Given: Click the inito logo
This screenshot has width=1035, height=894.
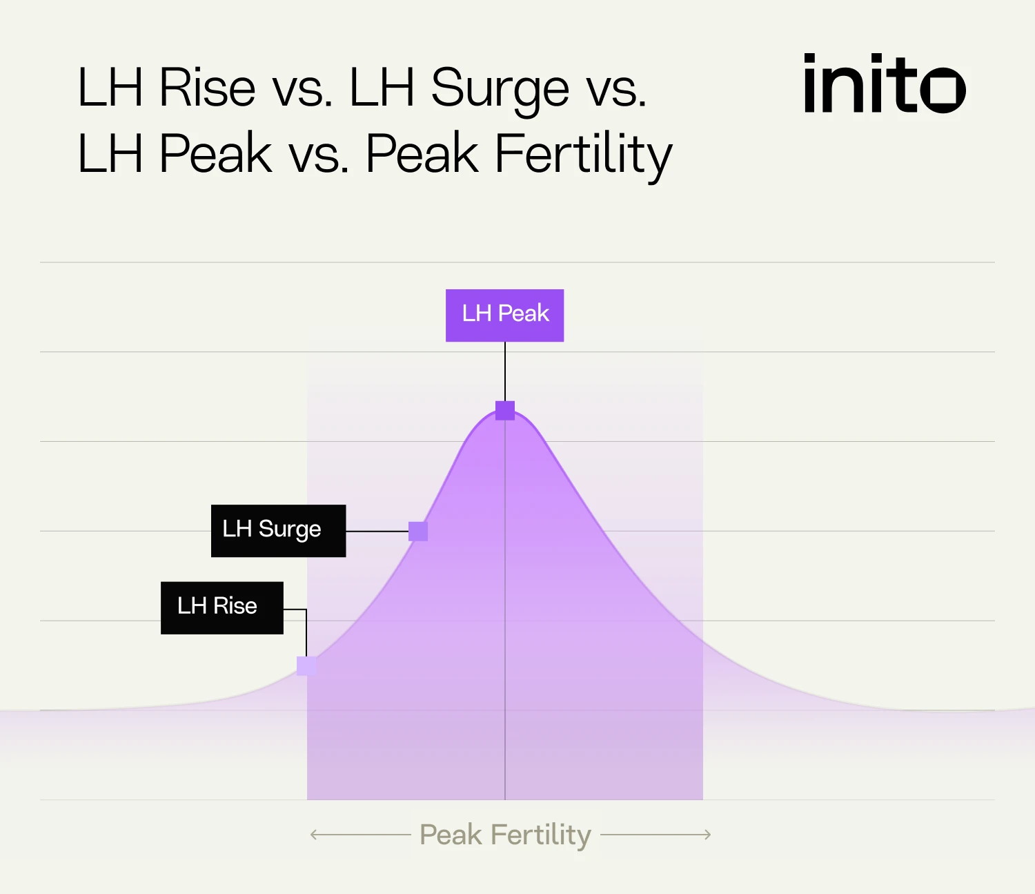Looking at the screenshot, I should click(884, 84).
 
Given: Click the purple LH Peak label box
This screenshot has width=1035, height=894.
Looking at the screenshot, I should click(504, 315).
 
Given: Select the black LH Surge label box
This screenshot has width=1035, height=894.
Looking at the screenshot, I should click(278, 530).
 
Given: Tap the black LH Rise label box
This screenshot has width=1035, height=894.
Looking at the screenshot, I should click(221, 608).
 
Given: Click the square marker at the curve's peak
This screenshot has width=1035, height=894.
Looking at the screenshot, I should click(505, 411).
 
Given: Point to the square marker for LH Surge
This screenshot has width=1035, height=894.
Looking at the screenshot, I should click(418, 531).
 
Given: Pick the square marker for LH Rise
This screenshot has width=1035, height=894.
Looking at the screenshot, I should click(306, 666).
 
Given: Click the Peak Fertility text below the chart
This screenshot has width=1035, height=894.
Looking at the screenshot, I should click(505, 835).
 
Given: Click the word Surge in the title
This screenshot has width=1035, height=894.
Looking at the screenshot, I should click(500, 90).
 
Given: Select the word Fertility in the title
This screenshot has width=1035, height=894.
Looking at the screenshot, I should click(583, 155).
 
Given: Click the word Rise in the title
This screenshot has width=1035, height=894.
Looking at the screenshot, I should click(207, 88).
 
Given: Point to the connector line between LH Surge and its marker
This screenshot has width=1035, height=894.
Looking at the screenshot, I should click(377, 531).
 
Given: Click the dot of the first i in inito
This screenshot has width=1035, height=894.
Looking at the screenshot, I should click(810, 59).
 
